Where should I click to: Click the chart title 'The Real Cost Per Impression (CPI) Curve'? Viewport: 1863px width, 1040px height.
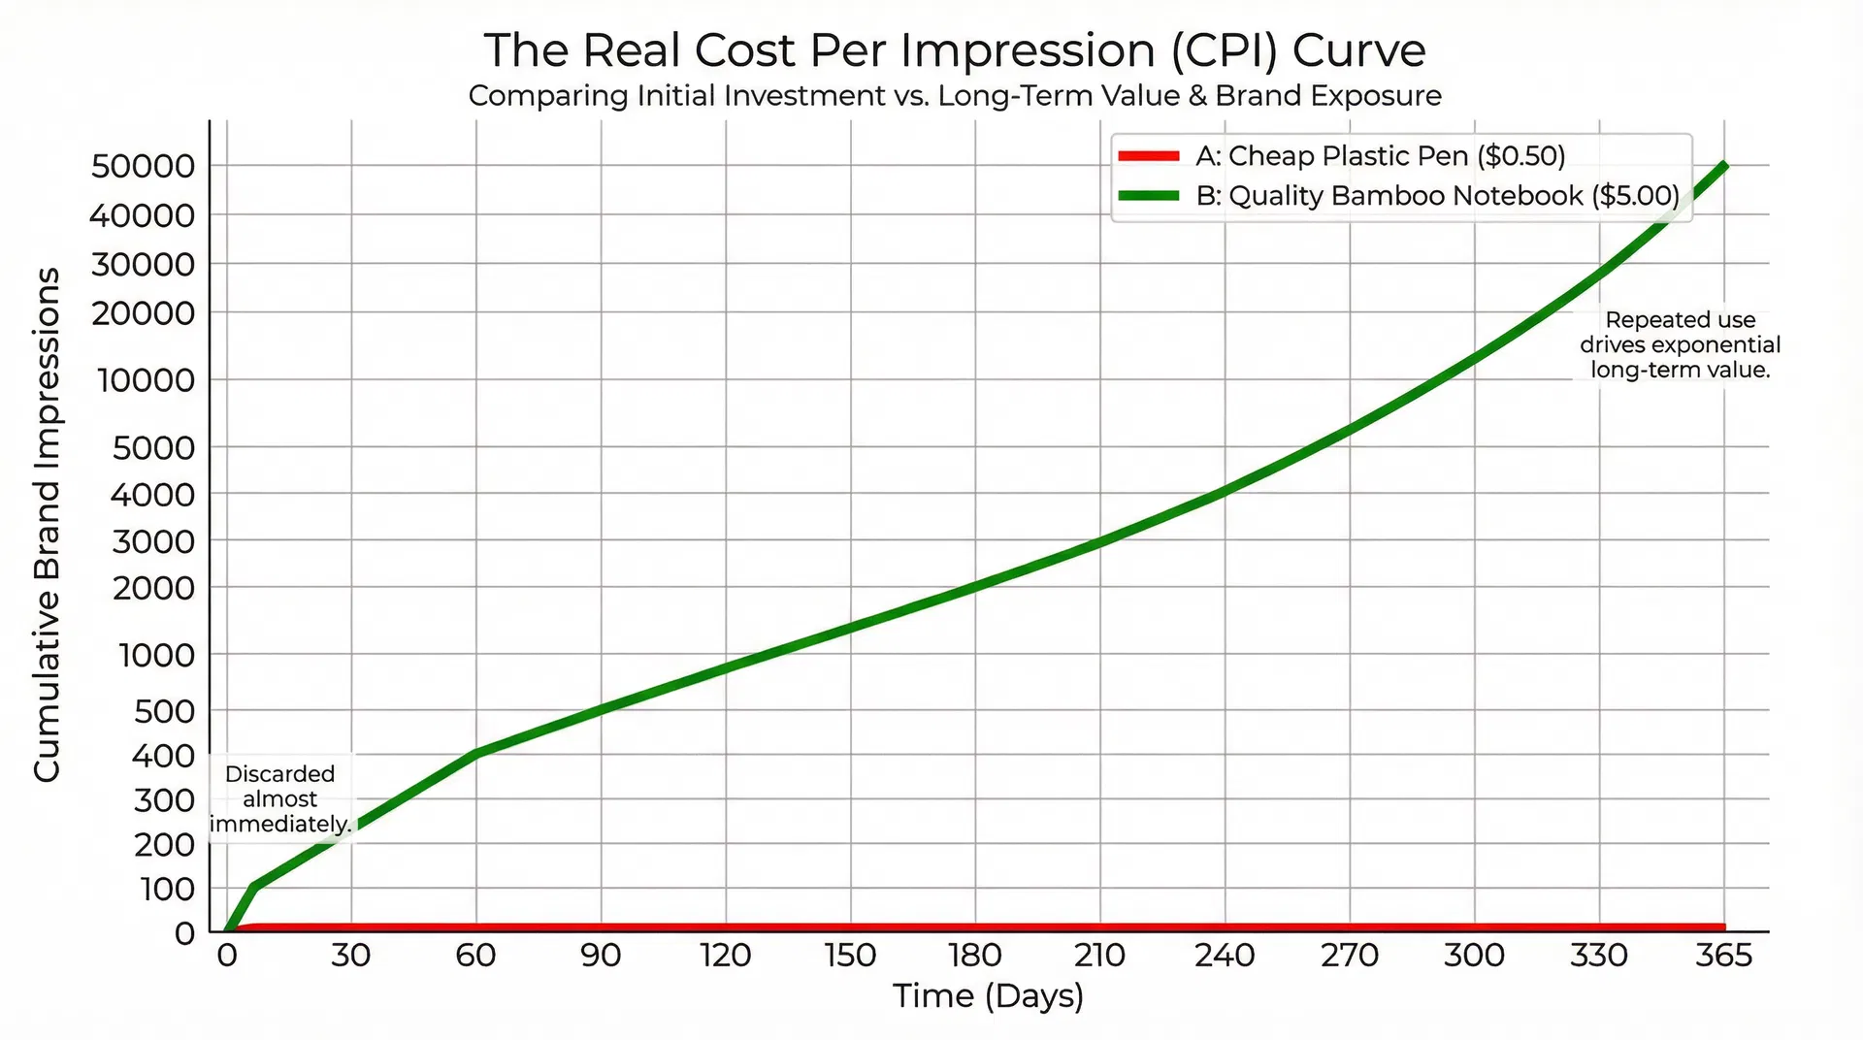[x=955, y=50]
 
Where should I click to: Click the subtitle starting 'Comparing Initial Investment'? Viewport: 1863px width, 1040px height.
[x=955, y=96]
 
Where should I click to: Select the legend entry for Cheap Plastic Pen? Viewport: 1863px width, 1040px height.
[x=1380, y=156]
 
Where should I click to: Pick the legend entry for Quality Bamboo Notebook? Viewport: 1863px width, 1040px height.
[x=1436, y=196]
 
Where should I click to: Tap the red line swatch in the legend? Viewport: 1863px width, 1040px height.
[x=1149, y=156]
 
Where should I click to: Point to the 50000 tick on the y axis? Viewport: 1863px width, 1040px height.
[x=143, y=166]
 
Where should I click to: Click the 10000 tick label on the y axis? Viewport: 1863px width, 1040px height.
[x=146, y=380]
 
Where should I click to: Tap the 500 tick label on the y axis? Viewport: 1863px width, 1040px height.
[x=163, y=711]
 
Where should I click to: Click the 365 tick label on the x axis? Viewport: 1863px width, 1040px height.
[x=1723, y=956]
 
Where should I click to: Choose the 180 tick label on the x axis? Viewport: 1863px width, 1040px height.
[x=975, y=956]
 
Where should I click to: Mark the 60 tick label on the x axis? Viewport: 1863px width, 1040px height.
[x=475, y=956]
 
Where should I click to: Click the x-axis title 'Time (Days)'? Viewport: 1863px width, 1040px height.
[x=988, y=996]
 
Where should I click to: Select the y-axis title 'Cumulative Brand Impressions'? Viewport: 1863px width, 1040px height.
[x=47, y=524]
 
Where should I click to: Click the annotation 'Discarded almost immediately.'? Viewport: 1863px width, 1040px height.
[x=280, y=799]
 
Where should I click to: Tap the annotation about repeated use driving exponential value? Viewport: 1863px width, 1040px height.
[x=1680, y=344]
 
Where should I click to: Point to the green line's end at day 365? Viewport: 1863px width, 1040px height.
[x=1723, y=166]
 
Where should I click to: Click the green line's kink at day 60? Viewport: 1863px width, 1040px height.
[x=476, y=753]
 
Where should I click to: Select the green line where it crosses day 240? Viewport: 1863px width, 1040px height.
[x=1225, y=492]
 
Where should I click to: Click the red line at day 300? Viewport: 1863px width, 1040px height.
[x=1475, y=928]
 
